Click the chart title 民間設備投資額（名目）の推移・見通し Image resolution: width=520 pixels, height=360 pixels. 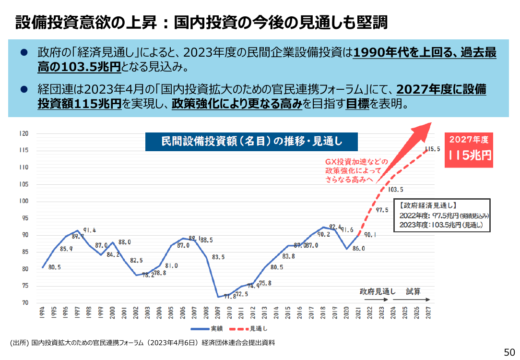point(251,141)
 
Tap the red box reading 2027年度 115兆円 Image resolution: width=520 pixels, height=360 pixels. point(469,150)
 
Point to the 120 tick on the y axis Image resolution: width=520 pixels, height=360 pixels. point(24,133)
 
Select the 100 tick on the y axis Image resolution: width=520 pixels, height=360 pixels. point(24,201)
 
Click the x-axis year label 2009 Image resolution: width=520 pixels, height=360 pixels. point(218,312)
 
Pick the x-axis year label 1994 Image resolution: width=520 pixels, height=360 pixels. point(42,312)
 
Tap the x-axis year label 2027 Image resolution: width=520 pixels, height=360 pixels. point(428,312)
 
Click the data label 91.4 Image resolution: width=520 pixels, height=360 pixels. point(89,230)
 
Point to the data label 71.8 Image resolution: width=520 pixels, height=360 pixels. point(230,296)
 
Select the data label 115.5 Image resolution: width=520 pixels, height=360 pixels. point(432,149)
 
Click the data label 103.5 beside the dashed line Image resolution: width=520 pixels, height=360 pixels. point(396,190)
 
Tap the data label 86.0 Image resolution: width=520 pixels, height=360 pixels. point(358,249)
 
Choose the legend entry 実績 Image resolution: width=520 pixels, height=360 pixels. point(207,329)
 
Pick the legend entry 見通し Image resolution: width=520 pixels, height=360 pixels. point(248,329)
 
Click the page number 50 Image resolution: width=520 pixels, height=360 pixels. point(509,352)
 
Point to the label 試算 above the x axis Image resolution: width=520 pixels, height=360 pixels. point(413,292)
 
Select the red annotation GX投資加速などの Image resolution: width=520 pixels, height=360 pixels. point(356,162)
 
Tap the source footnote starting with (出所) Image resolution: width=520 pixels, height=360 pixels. point(142,343)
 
